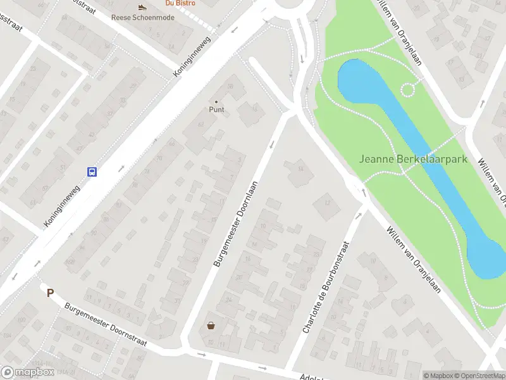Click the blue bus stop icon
tap(92, 172)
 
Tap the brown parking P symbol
tap(50, 292)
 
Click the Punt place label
tap(217, 109)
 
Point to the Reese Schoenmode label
tap(142, 17)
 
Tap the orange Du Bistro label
tap(180, 3)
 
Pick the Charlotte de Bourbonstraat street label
tap(326, 287)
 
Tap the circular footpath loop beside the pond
tap(408, 89)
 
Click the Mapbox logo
tap(28, 372)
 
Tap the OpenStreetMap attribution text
tap(478, 376)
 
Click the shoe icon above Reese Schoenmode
tap(142, 8)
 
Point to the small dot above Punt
tap(217, 101)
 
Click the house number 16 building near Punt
tap(255, 110)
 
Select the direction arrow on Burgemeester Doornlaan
tap(273, 144)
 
